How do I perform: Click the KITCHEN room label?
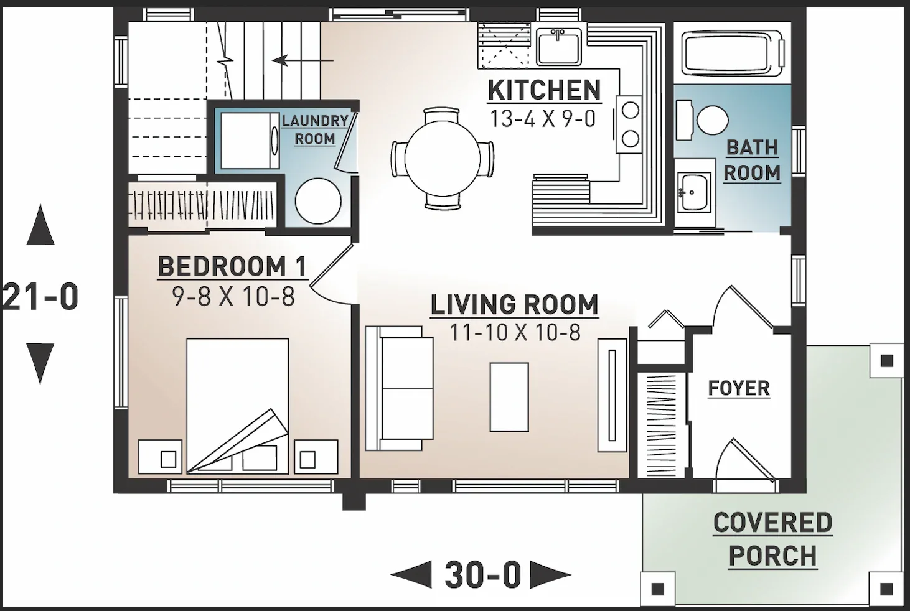click(x=545, y=90)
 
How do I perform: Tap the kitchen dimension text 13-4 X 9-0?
click(x=543, y=119)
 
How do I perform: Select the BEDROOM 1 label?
click(x=232, y=267)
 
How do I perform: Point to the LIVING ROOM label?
click(x=514, y=305)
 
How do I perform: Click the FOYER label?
click(x=739, y=388)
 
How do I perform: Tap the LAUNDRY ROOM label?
click(x=315, y=129)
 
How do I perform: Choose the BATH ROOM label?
click(x=752, y=161)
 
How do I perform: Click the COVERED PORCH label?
click(x=772, y=539)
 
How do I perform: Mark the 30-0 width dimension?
click(x=482, y=575)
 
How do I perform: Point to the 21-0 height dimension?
click(x=40, y=297)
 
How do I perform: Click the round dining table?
click(x=443, y=159)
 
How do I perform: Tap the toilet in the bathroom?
click(x=703, y=120)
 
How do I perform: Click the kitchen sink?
click(x=558, y=46)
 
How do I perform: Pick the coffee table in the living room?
click(x=509, y=397)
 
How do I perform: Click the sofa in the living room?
click(x=400, y=388)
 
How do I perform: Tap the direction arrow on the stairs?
click(x=303, y=61)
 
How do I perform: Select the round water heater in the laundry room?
click(x=318, y=201)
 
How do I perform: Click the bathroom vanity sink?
click(x=694, y=192)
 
